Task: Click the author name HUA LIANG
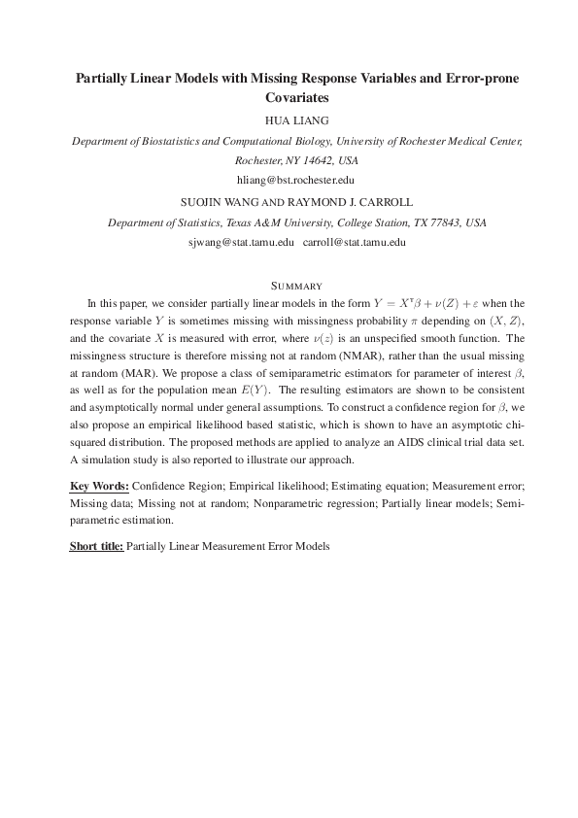click(296, 120)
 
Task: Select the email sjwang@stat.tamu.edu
click(240, 242)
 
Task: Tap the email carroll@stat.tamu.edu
click(354, 242)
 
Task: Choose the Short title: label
click(96, 546)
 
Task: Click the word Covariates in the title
click(297, 98)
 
